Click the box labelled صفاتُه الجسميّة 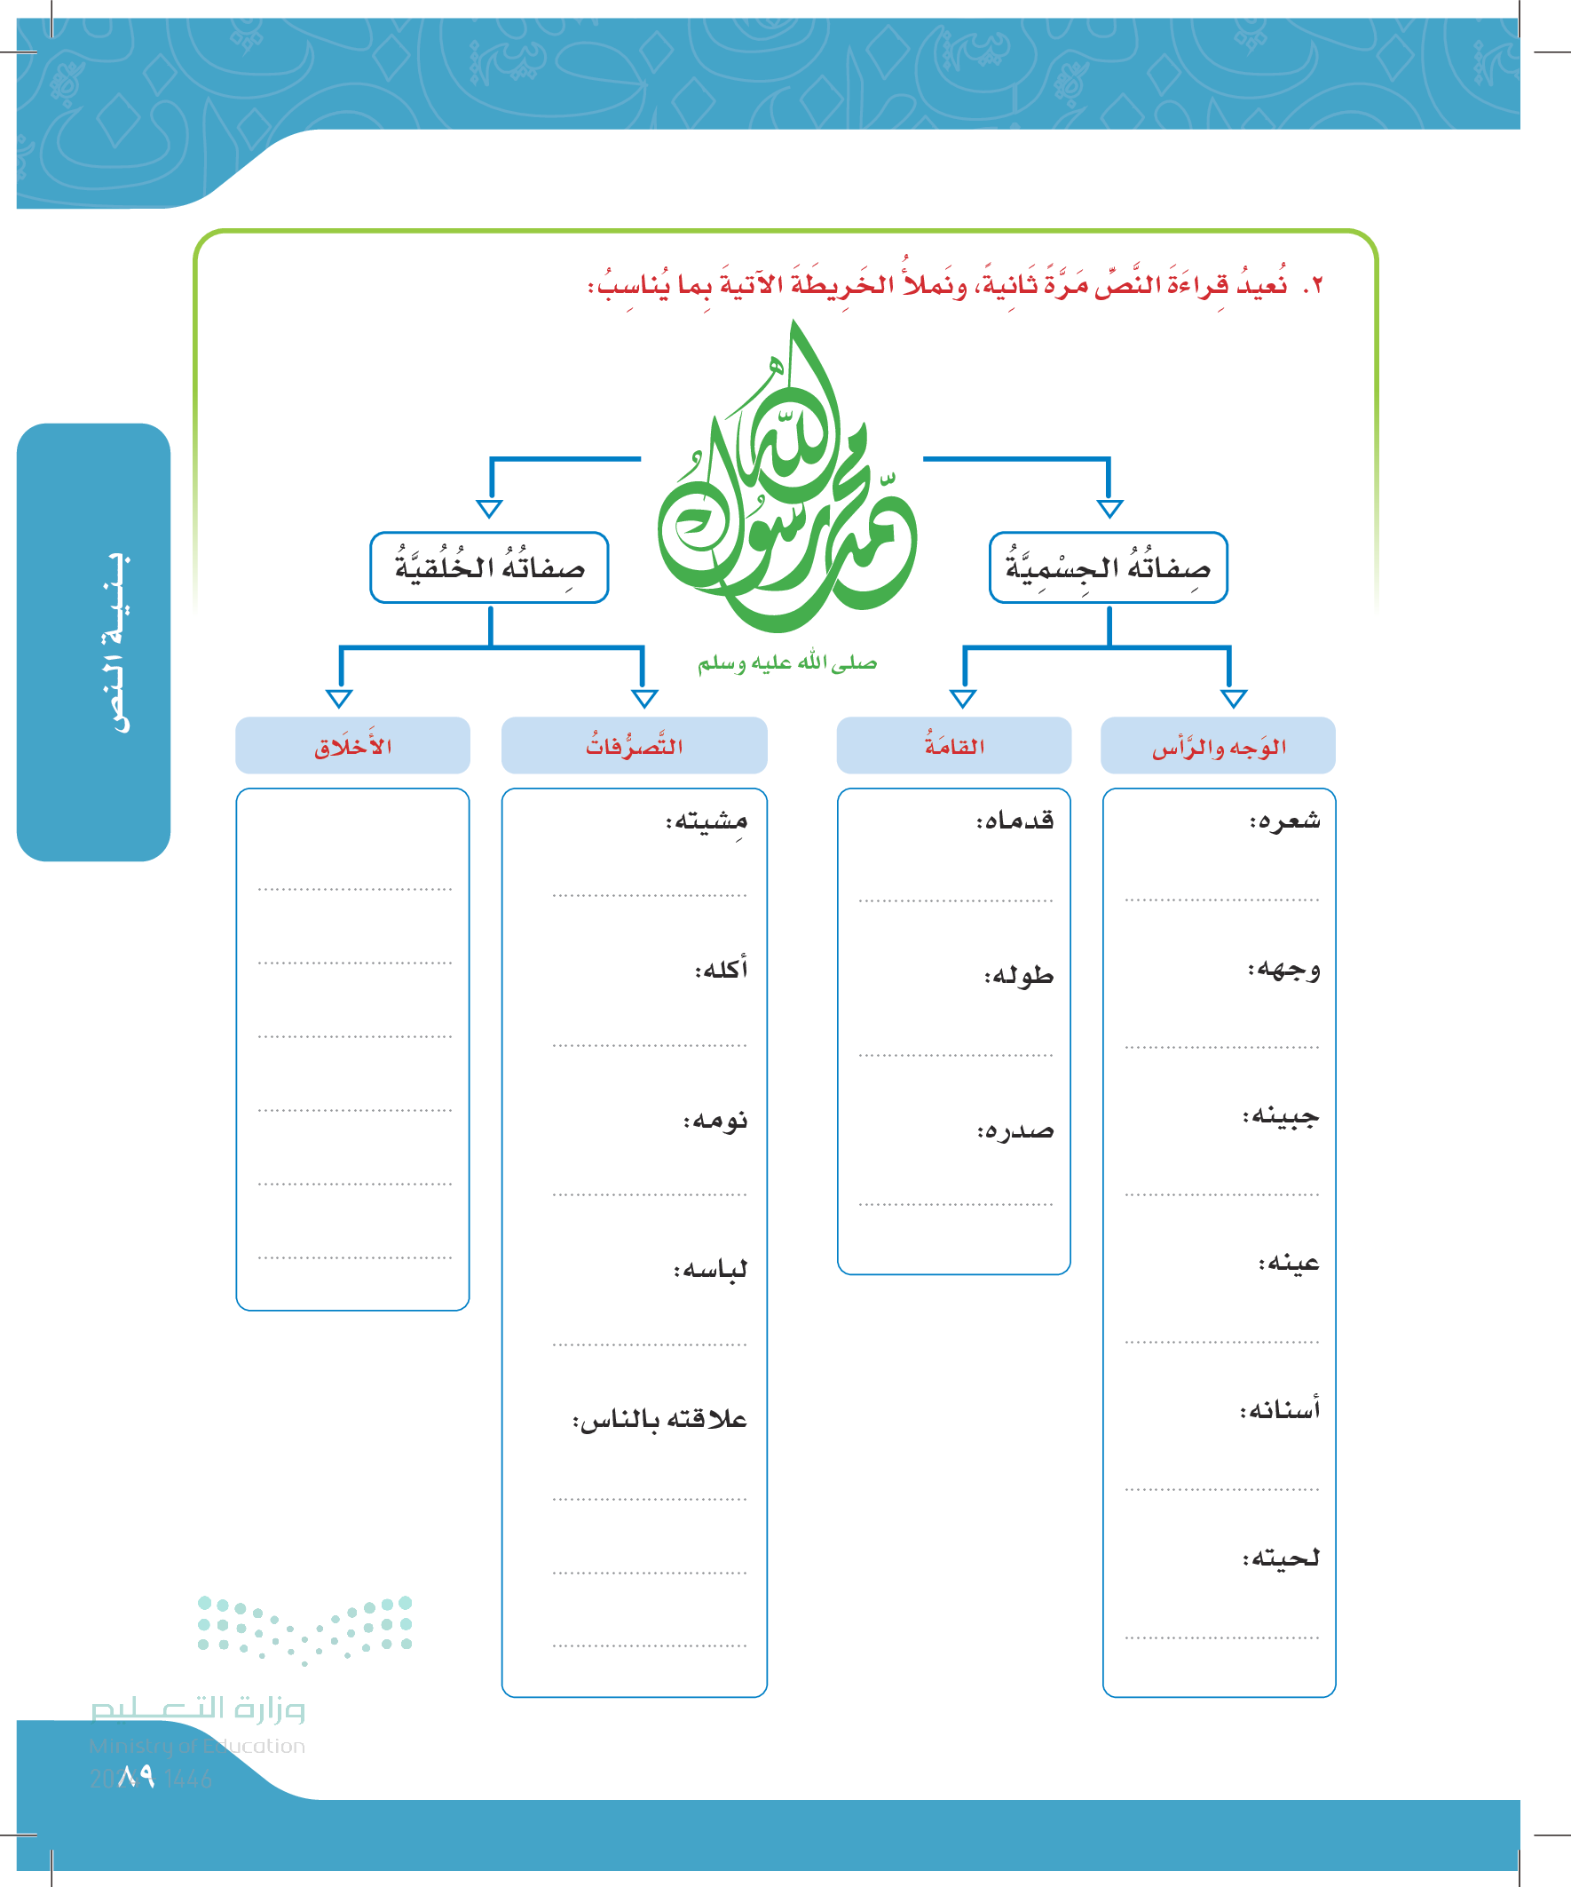tap(1108, 567)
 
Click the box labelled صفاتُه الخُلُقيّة tap(489, 567)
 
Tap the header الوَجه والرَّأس tap(1218, 746)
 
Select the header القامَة tap(954, 746)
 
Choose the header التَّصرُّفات tap(634, 746)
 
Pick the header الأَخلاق tap(352, 746)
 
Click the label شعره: tap(1284, 821)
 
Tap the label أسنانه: tap(1280, 1410)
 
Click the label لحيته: tap(1281, 1558)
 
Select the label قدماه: tap(1015, 821)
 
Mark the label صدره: tap(1015, 1130)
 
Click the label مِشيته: tap(707, 821)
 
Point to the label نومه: tap(715, 1121)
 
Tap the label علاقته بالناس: tap(660, 1420)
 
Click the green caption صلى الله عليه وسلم tap(787, 663)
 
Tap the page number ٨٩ tap(136, 1777)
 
